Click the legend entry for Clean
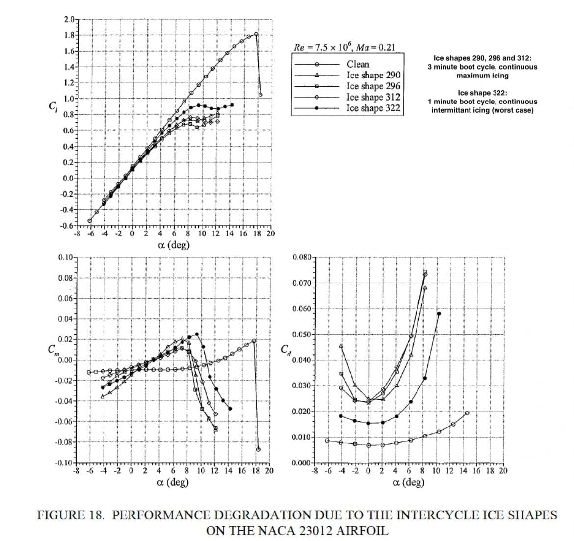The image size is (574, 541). pyautogui.click(x=358, y=64)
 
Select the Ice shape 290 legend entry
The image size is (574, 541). pyautogui.click(x=373, y=75)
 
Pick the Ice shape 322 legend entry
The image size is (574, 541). pyautogui.click(x=373, y=108)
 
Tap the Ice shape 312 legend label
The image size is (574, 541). pyautogui.click(x=373, y=97)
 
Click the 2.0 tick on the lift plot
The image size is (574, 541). pyautogui.click(x=69, y=20)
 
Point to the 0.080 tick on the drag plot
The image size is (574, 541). pyautogui.click(x=301, y=258)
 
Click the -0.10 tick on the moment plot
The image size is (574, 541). pyautogui.click(x=65, y=463)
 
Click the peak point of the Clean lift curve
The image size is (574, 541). pyautogui.click(x=256, y=34)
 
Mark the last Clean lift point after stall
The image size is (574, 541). pyautogui.click(x=261, y=95)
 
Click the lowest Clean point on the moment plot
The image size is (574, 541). pyautogui.click(x=258, y=449)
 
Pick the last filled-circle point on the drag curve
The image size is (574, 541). pyautogui.click(x=439, y=314)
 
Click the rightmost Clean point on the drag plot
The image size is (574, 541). pyautogui.click(x=467, y=413)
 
